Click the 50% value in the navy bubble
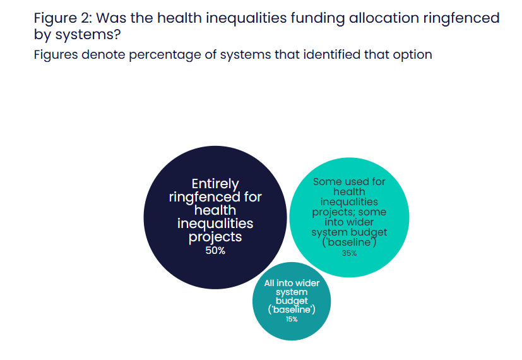point(215,251)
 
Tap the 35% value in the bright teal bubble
point(349,253)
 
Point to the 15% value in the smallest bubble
point(292,319)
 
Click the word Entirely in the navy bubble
point(215,184)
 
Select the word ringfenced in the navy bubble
point(205,197)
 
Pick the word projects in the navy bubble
point(215,237)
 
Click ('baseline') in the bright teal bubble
point(349,242)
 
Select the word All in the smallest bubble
point(269,283)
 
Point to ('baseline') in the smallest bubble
point(292,309)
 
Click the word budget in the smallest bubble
point(292,301)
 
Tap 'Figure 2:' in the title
point(63,18)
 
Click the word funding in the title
point(317,18)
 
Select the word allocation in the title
point(384,18)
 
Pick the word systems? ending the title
point(88,35)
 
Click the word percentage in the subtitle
point(165,55)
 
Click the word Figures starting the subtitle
point(56,55)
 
